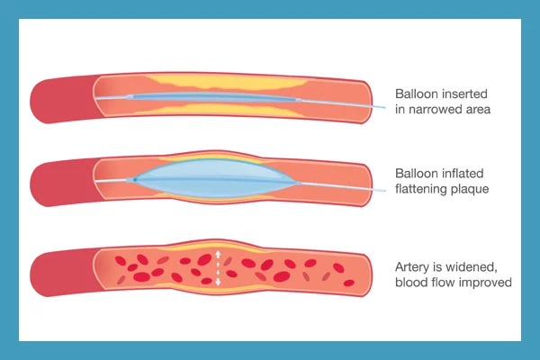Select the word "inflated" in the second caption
pos(463,173)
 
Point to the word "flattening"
pos(422,189)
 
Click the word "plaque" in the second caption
pos(471,190)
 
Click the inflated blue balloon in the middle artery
pos(214,179)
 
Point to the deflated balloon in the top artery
pos(213,97)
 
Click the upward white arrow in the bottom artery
pos(218,256)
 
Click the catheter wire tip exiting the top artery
pos(385,107)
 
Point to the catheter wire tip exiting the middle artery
pos(385,190)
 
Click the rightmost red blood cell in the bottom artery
pos(349,283)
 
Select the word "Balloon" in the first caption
pos(417,94)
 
